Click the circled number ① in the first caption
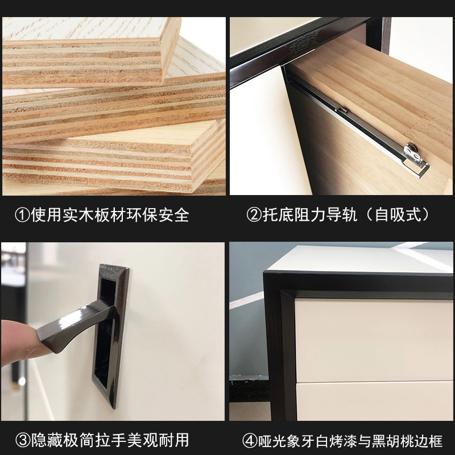point(22,215)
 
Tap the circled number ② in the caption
point(254,215)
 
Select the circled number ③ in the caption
point(23,440)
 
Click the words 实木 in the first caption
point(78,215)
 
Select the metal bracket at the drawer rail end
point(416,160)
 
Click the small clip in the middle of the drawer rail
point(341,110)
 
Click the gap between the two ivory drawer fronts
point(374,382)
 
